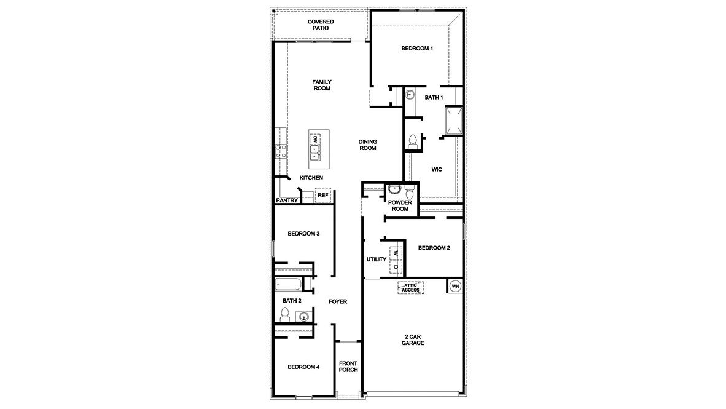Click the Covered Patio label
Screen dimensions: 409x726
[x=321, y=25]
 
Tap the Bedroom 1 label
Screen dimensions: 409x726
[x=417, y=49]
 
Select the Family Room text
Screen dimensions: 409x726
[x=321, y=85]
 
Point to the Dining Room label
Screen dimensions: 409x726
[x=368, y=145]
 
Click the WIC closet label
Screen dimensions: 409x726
[x=437, y=168]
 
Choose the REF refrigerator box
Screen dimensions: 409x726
[x=323, y=196]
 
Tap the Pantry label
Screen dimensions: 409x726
[x=287, y=201]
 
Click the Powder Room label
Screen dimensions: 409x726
[x=400, y=205]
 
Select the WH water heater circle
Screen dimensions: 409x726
[x=455, y=286]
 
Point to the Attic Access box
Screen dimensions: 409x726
[x=411, y=287]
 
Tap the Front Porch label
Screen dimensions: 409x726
[x=348, y=367]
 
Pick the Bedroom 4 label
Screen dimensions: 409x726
[x=304, y=367]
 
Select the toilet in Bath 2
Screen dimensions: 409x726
[x=284, y=315]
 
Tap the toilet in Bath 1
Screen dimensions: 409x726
[x=412, y=141]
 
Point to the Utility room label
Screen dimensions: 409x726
[x=376, y=260]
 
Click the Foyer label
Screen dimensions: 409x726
[x=338, y=302]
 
